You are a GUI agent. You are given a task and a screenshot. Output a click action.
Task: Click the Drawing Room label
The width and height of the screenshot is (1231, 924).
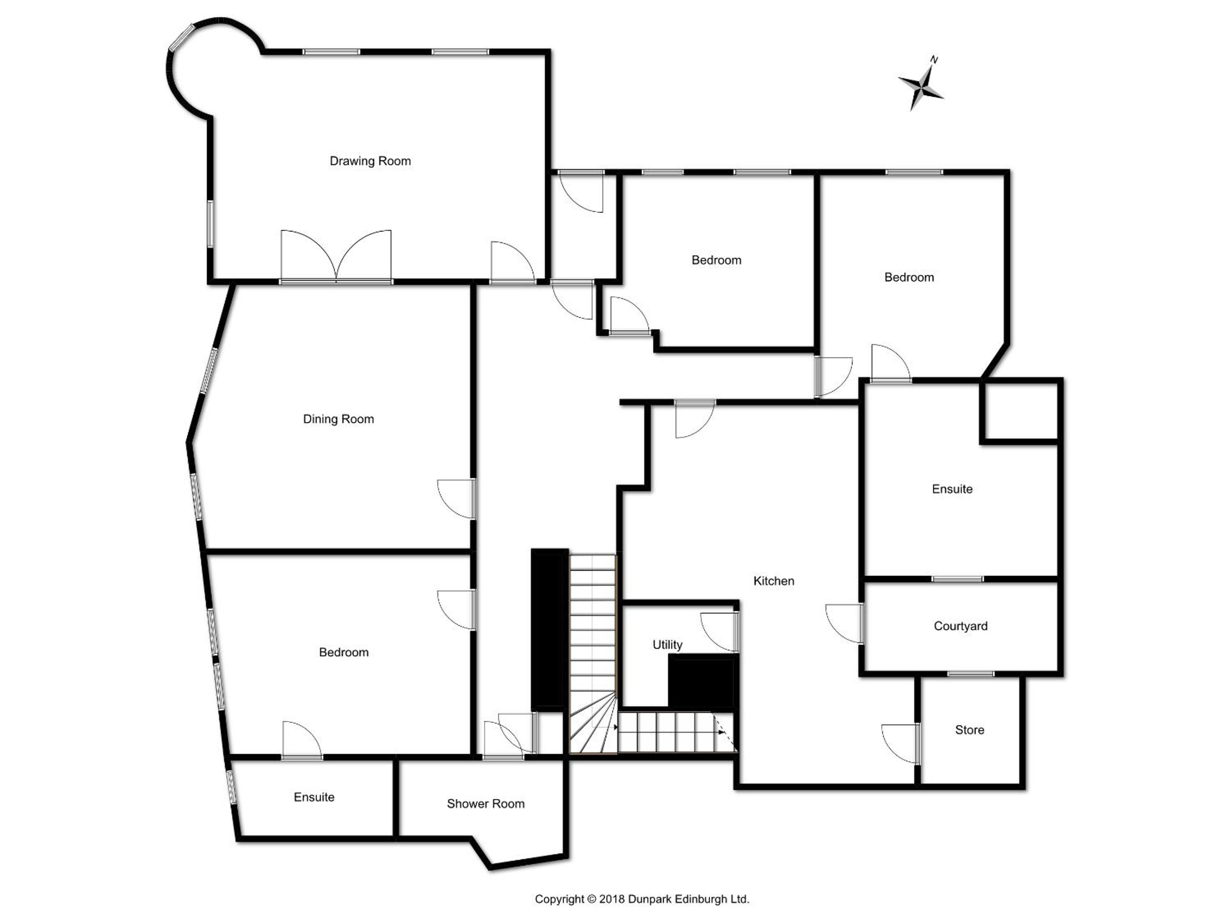click(x=370, y=161)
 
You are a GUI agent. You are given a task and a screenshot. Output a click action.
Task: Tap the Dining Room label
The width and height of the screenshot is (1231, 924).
click(x=339, y=419)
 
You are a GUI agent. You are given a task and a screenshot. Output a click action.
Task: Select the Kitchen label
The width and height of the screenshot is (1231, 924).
click(x=773, y=581)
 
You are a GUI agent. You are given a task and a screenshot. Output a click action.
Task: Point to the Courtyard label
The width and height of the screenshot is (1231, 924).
click(x=961, y=626)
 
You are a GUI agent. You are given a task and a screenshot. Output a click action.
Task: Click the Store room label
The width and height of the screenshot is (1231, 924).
click(x=969, y=730)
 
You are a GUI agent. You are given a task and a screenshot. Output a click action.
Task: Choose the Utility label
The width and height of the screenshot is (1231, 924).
click(x=667, y=645)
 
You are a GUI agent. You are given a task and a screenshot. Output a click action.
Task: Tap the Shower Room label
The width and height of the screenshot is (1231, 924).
click(x=485, y=804)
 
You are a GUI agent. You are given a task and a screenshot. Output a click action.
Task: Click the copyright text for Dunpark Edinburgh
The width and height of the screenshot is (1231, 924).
click(x=641, y=899)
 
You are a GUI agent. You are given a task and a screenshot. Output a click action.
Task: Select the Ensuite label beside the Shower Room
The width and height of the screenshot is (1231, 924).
click(x=314, y=797)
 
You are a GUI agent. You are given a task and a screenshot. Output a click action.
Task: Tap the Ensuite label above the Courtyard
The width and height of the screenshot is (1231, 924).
click(x=952, y=489)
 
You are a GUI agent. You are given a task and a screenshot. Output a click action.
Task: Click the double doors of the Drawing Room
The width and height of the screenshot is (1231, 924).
click(x=336, y=256)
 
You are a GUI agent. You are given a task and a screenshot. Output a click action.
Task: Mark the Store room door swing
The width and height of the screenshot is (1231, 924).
click(x=900, y=744)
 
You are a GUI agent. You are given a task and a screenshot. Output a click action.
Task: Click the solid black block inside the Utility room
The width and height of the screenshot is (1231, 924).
click(x=703, y=681)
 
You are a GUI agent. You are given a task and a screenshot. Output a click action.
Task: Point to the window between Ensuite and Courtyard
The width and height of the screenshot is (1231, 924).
click(x=958, y=579)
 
